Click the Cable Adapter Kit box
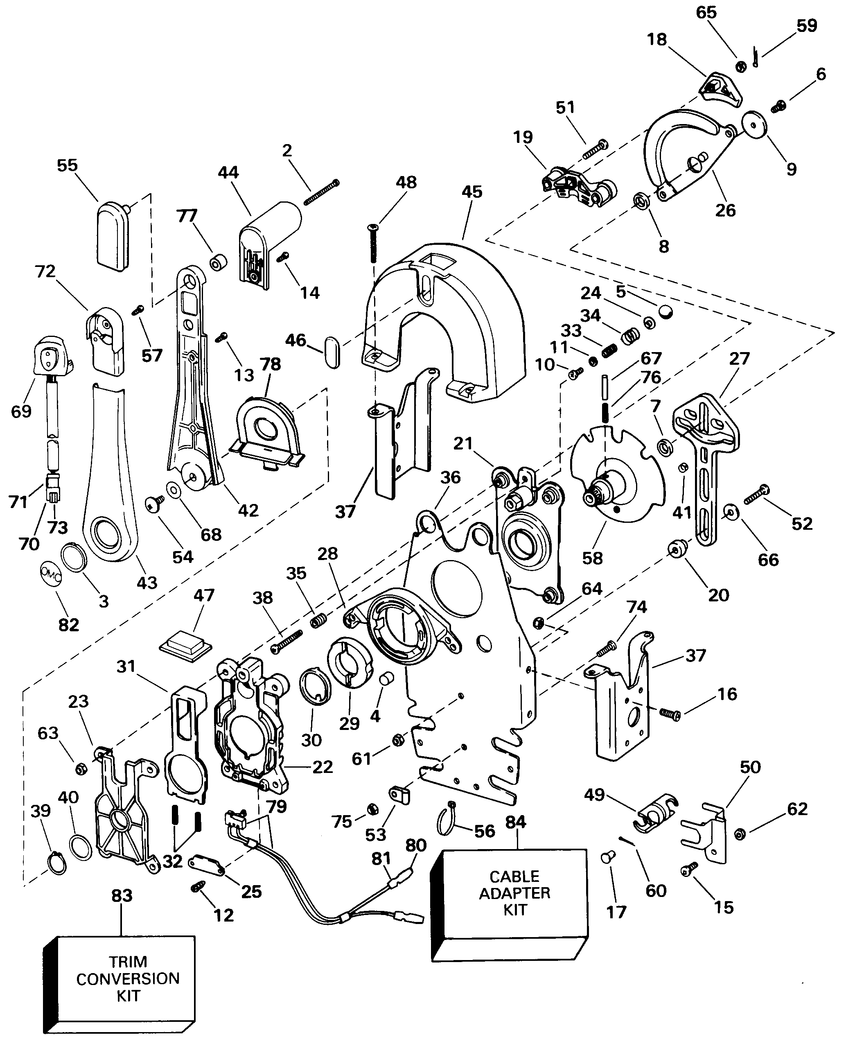click(510, 906)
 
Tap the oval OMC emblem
click(50, 575)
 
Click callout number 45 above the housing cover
click(471, 192)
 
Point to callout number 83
click(122, 895)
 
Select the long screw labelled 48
click(373, 243)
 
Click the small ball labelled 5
click(666, 312)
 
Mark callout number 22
click(323, 766)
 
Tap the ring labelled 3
click(74, 558)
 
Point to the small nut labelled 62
click(739, 834)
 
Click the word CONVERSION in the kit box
click(128, 978)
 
